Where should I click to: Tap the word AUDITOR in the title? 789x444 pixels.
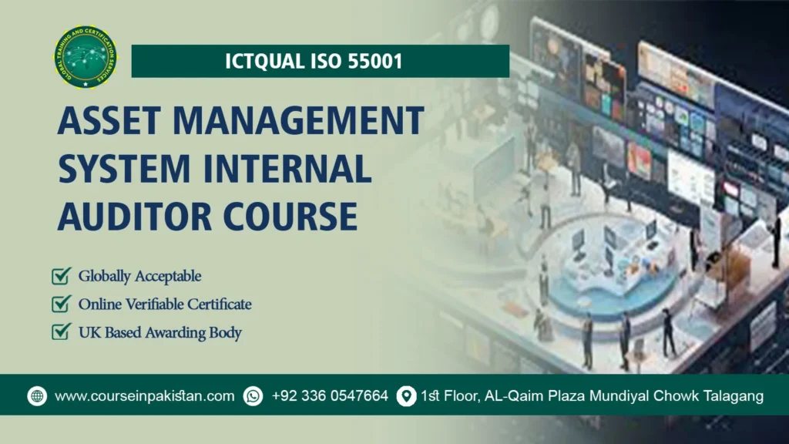tap(136, 216)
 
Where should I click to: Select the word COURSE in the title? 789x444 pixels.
tap(293, 216)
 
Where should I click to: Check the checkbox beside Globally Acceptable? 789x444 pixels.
tap(61, 276)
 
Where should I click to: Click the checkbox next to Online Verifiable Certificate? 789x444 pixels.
tap(61, 304)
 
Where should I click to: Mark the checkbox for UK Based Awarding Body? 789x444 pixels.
tap(61, 332)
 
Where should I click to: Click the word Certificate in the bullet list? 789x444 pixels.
tap(217, 304)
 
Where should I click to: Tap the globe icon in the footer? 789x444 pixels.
tap(37, 396)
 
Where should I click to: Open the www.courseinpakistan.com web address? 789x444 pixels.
tap(145, 396)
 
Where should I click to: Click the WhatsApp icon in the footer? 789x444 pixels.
tap(253, 396)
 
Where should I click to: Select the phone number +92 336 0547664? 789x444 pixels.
tap(330, 396)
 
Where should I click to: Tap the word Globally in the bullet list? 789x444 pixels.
tap(105, 276)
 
